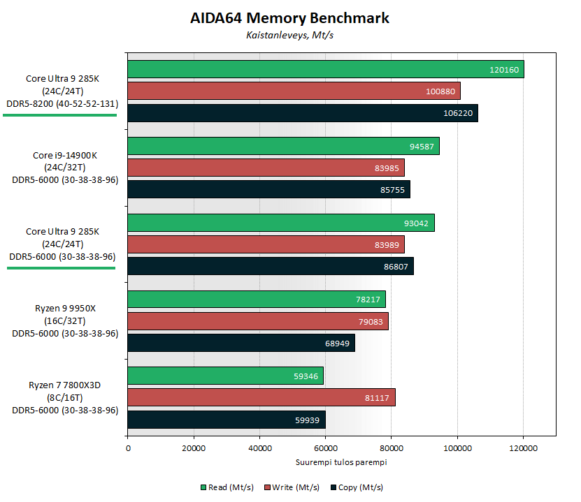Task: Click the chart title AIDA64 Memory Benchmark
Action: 289,18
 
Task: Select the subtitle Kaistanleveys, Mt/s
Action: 289,34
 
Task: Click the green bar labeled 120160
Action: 325,69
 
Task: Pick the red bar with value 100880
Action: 294,91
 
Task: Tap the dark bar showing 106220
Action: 302,113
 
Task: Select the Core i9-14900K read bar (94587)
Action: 283,146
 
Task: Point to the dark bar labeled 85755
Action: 268,189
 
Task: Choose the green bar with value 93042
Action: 280,223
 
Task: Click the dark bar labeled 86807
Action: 270,266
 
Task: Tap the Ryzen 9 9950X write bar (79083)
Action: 257,321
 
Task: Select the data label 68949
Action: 339,343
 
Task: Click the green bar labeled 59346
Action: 225,376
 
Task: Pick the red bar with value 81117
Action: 261,397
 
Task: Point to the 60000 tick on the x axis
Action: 325,449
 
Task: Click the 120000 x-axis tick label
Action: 523,449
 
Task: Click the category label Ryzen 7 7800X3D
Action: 65,385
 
